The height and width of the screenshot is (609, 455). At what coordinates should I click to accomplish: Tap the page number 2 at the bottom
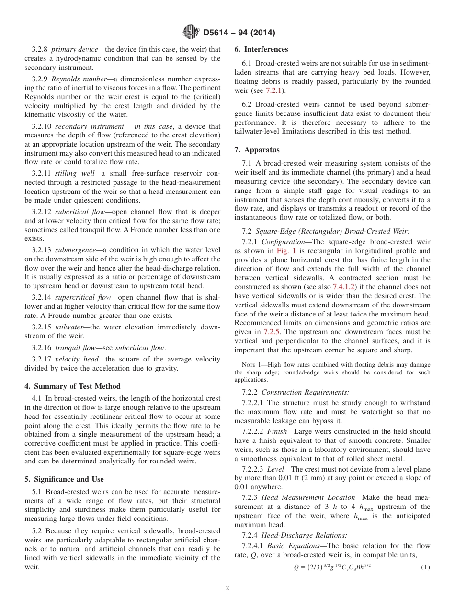pos(227,588)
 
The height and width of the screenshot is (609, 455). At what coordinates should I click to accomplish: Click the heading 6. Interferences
pos(261,49)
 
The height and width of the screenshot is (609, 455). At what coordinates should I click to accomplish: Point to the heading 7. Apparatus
pos(257,150)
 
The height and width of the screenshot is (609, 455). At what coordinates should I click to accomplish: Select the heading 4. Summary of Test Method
pos(72,386)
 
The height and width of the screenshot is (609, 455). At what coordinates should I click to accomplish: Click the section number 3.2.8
pos(40,49)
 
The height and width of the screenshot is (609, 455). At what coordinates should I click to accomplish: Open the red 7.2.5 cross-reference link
pos(273,332)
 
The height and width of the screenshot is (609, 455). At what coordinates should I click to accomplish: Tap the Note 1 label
pos(252,365)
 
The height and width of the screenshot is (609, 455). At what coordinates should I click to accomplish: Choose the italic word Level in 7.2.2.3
pos(277,469)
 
